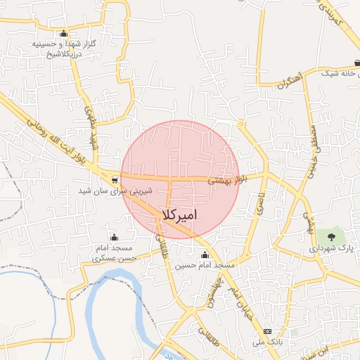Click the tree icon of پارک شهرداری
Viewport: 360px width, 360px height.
click(x=330, y=236)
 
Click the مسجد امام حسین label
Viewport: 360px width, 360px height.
click(x=205, y=265)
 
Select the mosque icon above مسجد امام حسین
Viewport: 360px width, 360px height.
click(x=205, y=255)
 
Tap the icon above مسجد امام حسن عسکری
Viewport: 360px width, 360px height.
click(x=114, y=237)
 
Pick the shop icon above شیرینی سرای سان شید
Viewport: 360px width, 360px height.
click(x=115, y=179)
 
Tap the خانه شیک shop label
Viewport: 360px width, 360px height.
click(x=340, y=72)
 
